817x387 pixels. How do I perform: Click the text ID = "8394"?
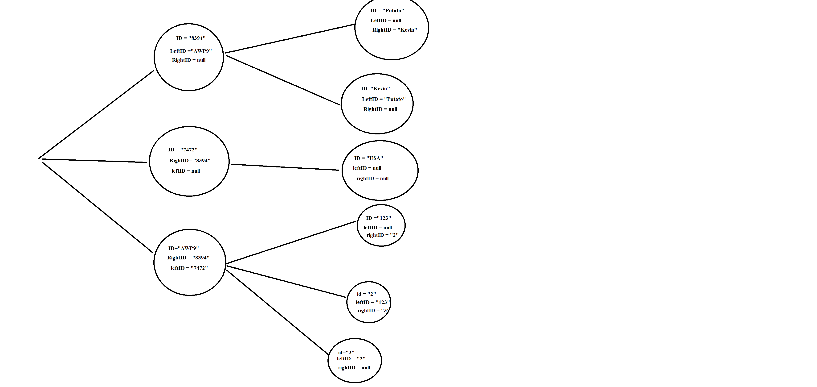(x=191, y=38)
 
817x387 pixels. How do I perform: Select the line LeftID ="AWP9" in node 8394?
(x=191, y=51)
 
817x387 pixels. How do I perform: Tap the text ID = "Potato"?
(x=387, y=10)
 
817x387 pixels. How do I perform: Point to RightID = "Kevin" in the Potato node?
(x=395, y=30)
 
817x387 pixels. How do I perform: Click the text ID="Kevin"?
(x=375, y=89)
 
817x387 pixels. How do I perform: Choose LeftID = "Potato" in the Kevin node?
(x=384, y=99)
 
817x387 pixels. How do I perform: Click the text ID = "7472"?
(x=183, y=150)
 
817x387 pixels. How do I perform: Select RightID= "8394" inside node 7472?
(x=190, y=161)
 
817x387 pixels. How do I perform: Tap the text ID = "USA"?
(x=368, y=158)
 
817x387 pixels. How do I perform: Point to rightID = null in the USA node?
(x=372, y=179)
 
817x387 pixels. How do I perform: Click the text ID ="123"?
(x=378, y=218)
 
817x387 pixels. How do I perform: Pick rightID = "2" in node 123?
(x=383, y=235)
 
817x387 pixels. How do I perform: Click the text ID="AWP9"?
(x=183, y=248)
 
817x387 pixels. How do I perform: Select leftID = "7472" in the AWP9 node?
(x=189, y=268)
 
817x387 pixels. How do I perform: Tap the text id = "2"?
(x=366, y=294)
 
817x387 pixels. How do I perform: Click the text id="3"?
(x=346, y=352)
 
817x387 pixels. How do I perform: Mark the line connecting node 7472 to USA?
(x=285, y=167)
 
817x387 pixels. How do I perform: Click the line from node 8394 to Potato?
(x=289, y=38)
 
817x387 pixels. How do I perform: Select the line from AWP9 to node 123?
(x=291, y=242)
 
